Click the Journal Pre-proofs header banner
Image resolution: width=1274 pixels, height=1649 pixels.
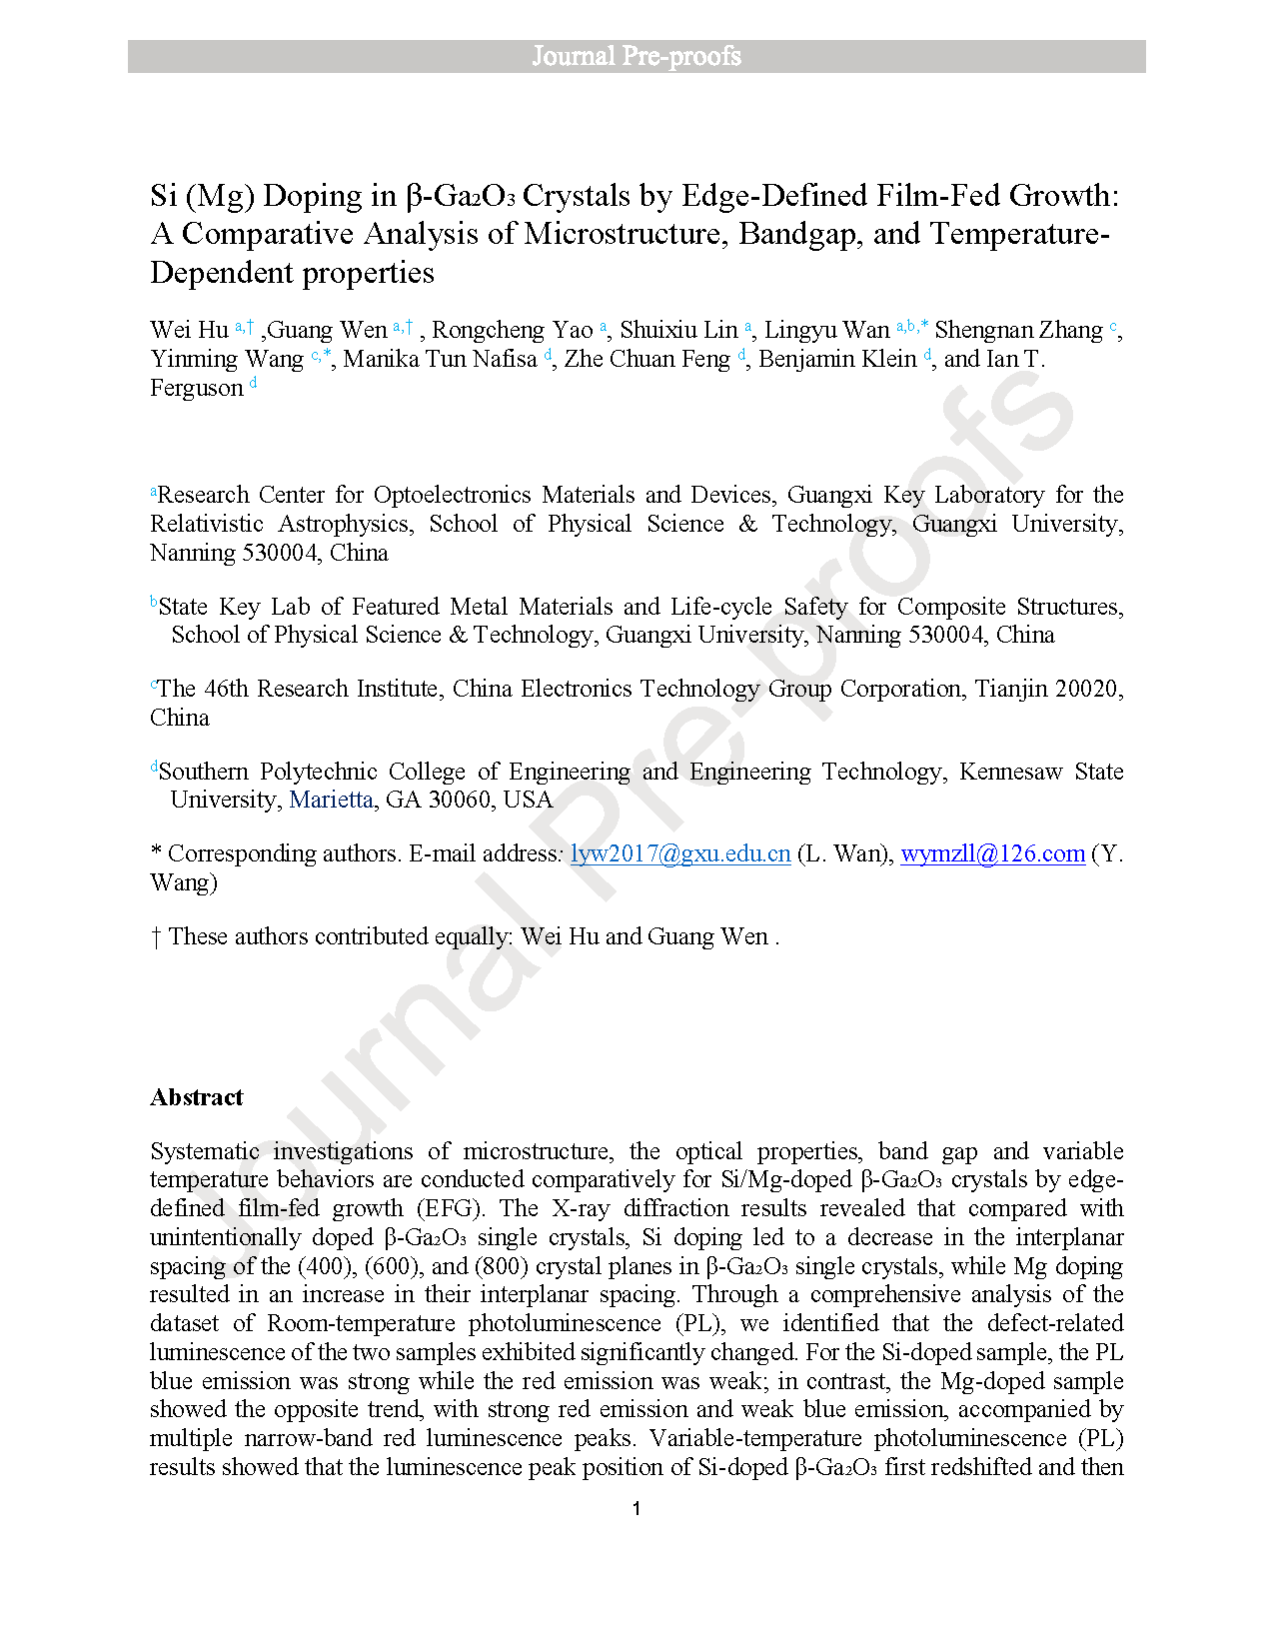click(637, 56)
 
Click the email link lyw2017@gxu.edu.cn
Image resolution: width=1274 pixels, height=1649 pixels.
click(680, 853)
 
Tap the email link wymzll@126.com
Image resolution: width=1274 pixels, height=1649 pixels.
click(992, 853)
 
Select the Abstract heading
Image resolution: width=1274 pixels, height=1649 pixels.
click(197, 1097)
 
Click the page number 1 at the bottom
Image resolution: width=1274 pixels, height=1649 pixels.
click(637, 1508)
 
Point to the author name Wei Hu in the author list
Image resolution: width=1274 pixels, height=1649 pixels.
click(189, 330)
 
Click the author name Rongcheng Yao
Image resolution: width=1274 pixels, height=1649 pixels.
click(512, 330)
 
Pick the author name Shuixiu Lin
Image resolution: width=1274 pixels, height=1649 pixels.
click(678, 330)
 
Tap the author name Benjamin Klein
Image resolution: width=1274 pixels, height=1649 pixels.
click(837, 359)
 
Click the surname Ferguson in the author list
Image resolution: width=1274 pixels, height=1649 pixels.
click(197, 388)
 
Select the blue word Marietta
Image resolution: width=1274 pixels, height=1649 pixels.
click(331, 800)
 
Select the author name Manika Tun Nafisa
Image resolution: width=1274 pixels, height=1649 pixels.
click(440, 359)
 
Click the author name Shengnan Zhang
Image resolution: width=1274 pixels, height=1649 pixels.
click(1018, 330)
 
